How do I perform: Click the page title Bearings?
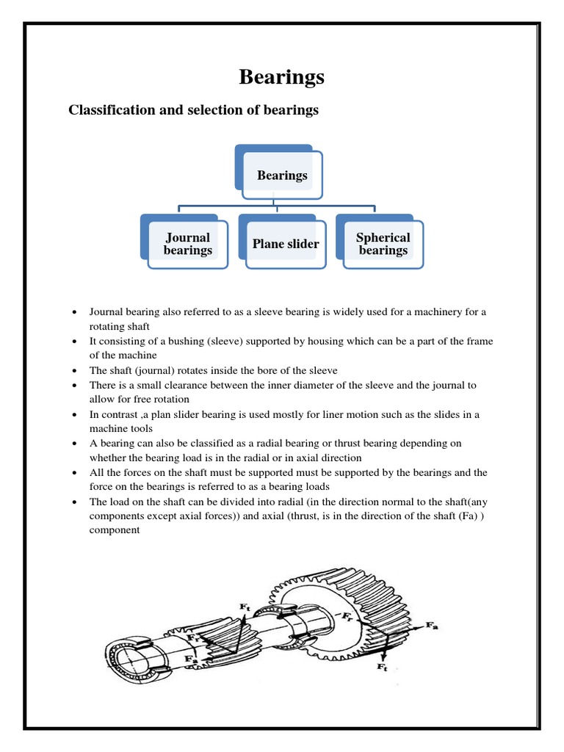[282, 77]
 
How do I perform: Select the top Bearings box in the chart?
[282, 175]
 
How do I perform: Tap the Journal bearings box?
[187, 244]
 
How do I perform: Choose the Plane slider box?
[286, 244]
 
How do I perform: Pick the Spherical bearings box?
[383, 244]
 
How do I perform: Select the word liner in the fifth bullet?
[325, 414]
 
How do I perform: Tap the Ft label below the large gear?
[382, 666]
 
